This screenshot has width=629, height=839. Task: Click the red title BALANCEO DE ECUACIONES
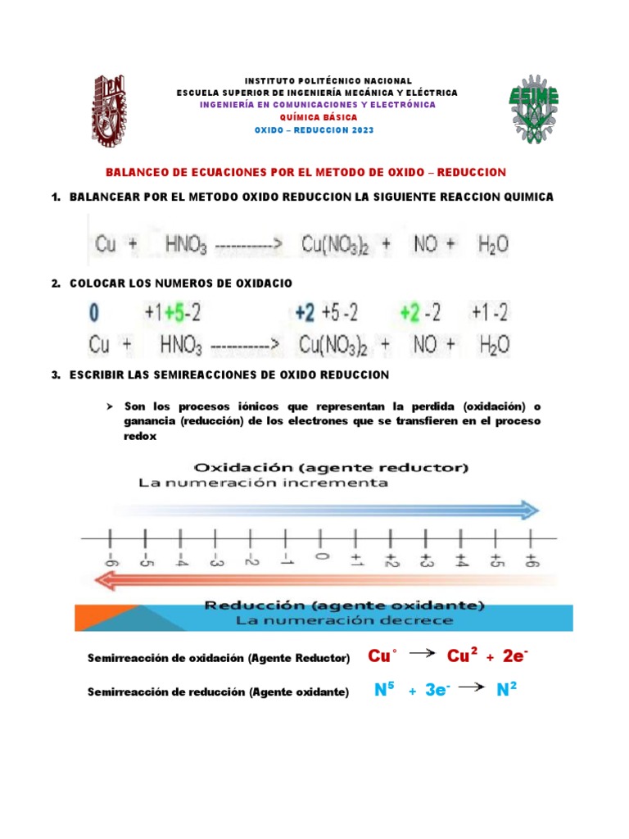click(307, 172)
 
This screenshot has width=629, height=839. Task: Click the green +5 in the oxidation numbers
click(173, 312)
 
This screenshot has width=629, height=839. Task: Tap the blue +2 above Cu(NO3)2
click(305, 312)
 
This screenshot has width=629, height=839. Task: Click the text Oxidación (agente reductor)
click(330, 468)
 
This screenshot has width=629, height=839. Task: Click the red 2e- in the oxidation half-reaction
click(515, 657)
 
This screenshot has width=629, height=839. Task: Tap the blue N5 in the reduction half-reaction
click(385, 691)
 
